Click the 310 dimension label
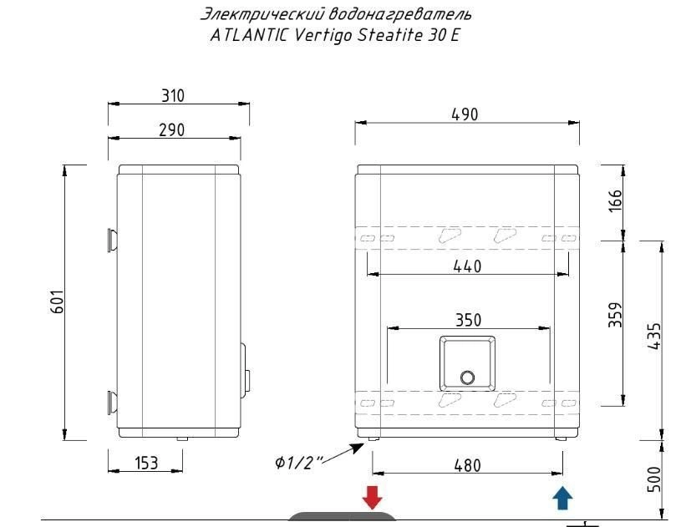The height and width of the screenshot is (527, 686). [173, 95]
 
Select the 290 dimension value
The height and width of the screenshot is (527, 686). [171, 130]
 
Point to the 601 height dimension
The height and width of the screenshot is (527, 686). [58, 302]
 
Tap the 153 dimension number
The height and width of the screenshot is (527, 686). [146, 463]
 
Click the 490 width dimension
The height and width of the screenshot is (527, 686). [465, 114]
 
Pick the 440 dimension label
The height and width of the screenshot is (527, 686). [467, 266]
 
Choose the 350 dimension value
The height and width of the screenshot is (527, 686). [468, 320]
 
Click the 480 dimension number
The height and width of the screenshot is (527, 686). [467, 465]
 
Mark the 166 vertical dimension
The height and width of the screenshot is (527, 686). [615, 200]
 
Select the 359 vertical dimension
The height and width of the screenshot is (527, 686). [615, 315]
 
